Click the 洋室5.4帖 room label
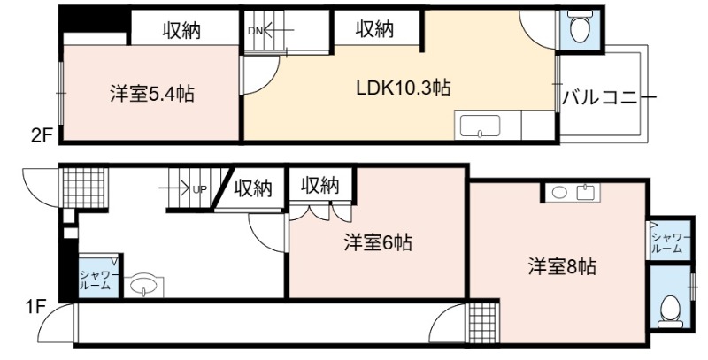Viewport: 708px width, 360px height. (x=152, y=95)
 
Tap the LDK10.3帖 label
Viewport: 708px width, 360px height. (x=404, y=88)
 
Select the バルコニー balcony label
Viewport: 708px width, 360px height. (x=608, y=97)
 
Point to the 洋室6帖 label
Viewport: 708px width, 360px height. (x=378, y=243)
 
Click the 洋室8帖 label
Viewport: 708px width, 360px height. (x=562, y=266)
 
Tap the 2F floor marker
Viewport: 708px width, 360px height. (x=42, y=136)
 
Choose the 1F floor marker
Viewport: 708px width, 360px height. (x=35, y=307)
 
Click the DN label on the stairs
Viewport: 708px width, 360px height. (x=255, y=31)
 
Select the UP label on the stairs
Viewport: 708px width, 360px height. (x=200, y=189)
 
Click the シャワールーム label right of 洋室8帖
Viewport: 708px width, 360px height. (x=671, y=243)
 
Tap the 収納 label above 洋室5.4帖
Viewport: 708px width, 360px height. (x=181, y=31)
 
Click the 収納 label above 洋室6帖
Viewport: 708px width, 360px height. (x=320, y=185)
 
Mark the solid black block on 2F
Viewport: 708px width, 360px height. (x=95, y=20)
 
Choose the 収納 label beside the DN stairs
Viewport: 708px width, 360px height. (x=374, y=29)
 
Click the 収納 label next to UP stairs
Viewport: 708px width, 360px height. (x=253, y=188)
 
